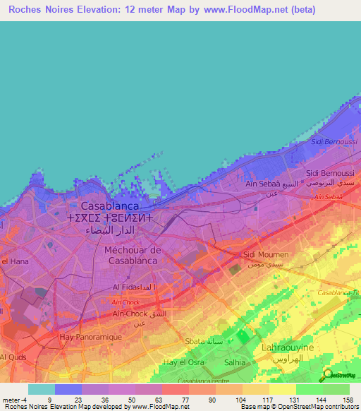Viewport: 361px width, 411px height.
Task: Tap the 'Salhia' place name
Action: [234, 362]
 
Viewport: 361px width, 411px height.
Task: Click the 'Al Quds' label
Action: [13, 357]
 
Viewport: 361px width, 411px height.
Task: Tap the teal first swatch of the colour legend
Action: [42, 388]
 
